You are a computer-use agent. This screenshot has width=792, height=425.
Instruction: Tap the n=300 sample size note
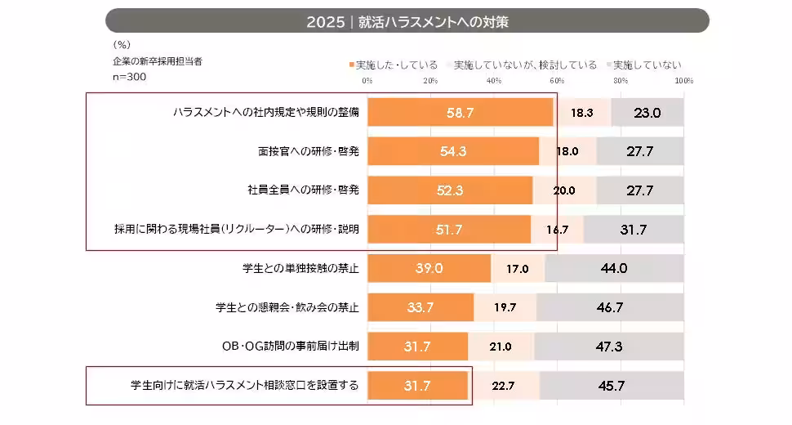(x=128, y=76)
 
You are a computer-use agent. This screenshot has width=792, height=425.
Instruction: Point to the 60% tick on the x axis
(x=557, y=81)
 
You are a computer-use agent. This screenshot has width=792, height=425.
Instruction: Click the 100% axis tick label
(x=684, y=81)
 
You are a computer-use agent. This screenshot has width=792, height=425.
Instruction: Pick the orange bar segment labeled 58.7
(x=460, y=113)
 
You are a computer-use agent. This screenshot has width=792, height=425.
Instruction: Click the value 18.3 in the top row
(x=582, y=113)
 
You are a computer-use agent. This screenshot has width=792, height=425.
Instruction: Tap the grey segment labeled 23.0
(x=647, y=113)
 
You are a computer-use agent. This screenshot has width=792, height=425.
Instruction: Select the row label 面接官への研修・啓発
(x=307, y=151)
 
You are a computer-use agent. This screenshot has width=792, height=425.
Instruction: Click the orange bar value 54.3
(x=452, y=151)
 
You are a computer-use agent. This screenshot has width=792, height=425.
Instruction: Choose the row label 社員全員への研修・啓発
(x=304, y=190)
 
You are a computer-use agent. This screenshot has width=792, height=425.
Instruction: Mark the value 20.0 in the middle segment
(x=563, y=190)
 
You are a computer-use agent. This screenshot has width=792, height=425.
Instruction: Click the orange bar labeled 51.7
(x=449, y=230)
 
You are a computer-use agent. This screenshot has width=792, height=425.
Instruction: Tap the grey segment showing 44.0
(x=613, y=268)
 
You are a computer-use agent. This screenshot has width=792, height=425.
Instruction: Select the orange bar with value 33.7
(x=420, y=307)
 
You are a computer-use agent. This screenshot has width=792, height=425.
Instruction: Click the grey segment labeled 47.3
(x=609, y=347)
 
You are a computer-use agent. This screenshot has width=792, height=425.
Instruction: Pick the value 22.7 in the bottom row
(x=504, y=386)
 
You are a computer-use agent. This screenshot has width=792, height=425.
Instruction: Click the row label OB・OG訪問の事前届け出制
(x=291, y=347)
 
